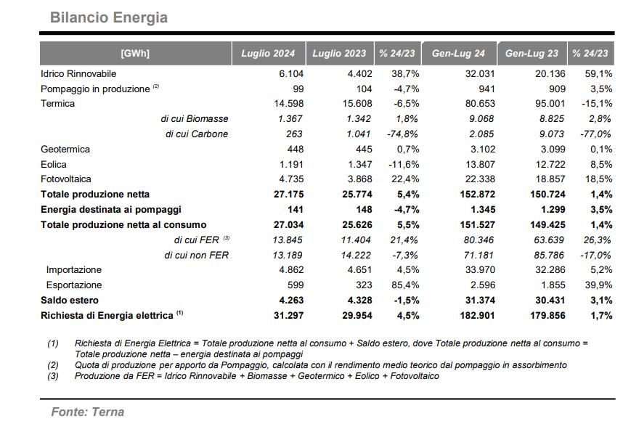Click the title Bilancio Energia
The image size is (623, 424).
click(109, 17)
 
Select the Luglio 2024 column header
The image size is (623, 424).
click(268, 53)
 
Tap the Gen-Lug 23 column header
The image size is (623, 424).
click(532, 53)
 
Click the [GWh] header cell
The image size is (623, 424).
click(135, 53)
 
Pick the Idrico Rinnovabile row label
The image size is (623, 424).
click(78, 74)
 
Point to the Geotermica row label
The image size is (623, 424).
click(65, 150)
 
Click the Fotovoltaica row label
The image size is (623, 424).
click(65, 179)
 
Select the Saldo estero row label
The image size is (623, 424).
click(70, 301)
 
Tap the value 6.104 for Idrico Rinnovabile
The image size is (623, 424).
click(291, 74)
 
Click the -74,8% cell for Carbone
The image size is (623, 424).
click(402, 134)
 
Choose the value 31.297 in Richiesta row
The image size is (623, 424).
click(288, 316)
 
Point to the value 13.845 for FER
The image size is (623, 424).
click(288, 240)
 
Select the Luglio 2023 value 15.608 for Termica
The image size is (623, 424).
click(357, 104)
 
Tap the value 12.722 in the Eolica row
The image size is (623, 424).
click(550, 165)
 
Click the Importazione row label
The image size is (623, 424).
click(74, 270)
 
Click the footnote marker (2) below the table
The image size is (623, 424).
click(53, 365)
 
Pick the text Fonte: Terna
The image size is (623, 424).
click(88, 412)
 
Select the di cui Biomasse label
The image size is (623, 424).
click(195, 119)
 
